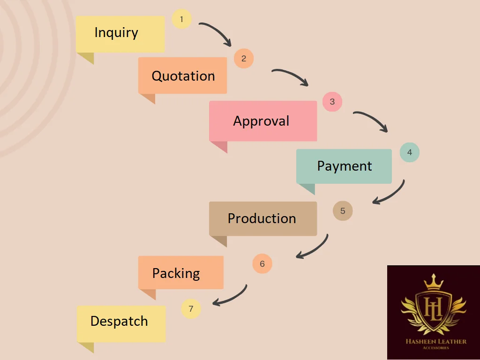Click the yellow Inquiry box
(120, 34)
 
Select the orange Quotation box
(182, 75)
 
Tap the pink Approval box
(262, 121)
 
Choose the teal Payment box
(344, 166)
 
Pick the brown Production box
(262, 218)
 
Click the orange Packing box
(180, 272)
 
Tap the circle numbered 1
(182, 19)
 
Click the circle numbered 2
(244, 59)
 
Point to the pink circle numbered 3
(332, 102)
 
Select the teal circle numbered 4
(409, 152)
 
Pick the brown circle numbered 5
(343, 211)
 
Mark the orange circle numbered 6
(262, 264)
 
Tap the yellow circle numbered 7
(191, 309)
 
